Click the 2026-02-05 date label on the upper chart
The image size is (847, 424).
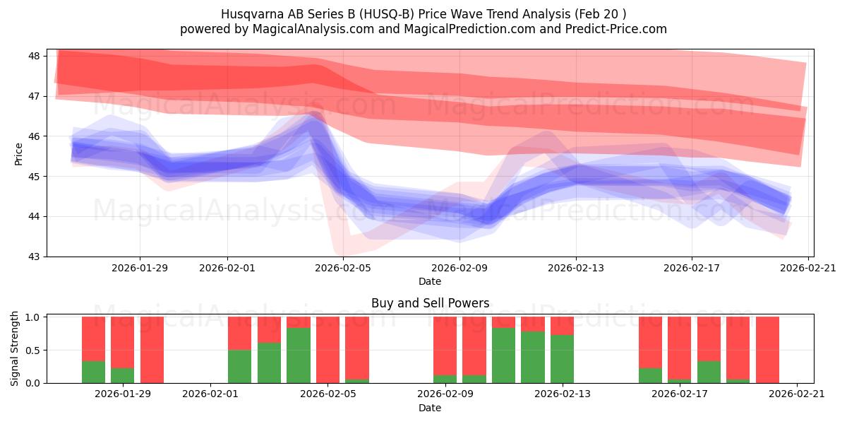point(343,268)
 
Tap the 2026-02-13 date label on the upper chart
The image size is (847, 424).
point(576,268)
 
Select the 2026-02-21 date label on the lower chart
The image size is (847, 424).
point(797,394)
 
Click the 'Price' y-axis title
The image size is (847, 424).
point(19,153)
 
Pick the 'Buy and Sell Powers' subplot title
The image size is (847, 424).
point(430,303)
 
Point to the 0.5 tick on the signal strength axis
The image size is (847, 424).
point(33,350)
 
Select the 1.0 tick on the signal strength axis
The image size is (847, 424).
point(33,317)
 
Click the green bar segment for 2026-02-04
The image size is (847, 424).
point(299,355)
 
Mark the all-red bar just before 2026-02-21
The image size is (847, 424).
point(767,350)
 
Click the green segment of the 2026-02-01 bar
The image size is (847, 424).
point(239,366)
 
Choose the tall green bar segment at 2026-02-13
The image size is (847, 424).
point(562,359)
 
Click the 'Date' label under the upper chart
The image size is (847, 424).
point(430,281)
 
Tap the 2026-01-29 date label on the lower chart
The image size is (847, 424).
point(123,394)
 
